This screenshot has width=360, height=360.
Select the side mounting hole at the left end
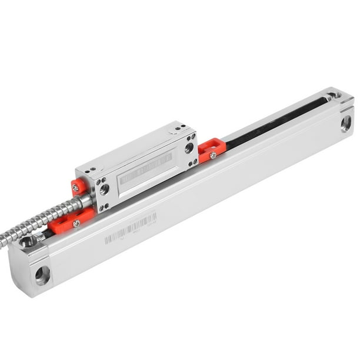click(x=42, y=275)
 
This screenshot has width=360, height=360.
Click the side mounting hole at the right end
click(x=346, y=123)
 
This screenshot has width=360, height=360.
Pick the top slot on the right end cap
click(x=334, y=94)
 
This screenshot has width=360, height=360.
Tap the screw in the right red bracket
click(x=213, y=155)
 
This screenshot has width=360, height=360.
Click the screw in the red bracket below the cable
click(x=76, y=224)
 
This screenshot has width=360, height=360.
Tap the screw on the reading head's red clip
click(x=75, y=188)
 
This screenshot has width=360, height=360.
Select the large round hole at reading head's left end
click(x=104, y=189)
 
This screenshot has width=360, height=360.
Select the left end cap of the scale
click(x=32, y=265)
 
